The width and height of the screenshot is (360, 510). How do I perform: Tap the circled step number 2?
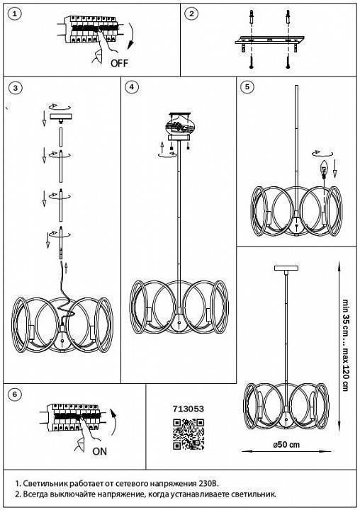191,13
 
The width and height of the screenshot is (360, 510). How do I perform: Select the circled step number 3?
16,88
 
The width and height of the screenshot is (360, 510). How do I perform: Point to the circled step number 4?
131,87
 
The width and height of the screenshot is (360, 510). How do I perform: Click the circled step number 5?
247,86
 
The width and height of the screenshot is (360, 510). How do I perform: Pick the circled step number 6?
14,395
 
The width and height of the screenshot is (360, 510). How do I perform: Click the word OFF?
120,63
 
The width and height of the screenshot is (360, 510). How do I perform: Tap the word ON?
99,451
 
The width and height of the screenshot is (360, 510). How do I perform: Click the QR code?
189,434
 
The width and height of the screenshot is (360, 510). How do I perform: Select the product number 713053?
189,409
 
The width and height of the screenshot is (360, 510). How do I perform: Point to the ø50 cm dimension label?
286,444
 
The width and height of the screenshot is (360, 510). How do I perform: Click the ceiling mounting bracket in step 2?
269,40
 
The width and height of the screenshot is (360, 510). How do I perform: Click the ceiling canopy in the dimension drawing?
286,268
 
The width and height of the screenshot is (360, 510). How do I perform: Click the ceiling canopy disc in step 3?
60,116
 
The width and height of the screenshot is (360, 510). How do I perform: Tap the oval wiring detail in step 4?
181,125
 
